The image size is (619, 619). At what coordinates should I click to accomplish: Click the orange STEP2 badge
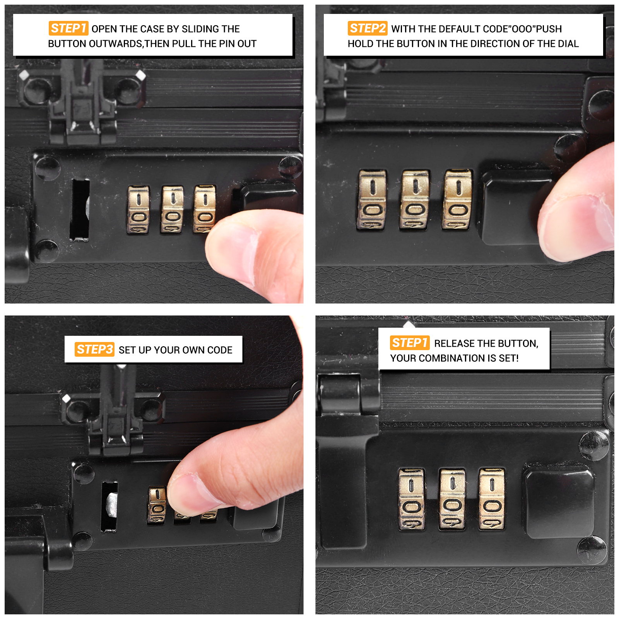367,28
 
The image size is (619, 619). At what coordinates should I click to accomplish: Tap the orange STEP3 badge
94,349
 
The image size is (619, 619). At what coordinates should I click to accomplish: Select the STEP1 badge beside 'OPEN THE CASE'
68,28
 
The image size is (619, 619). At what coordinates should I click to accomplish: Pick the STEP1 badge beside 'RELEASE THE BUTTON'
410,343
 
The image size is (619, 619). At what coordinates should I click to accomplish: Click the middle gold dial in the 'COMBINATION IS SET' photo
452,499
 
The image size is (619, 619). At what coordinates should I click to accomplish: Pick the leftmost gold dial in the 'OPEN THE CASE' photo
138,210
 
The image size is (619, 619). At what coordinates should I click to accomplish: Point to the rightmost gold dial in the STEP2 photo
457,199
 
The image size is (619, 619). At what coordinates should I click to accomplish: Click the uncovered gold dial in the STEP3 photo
157,505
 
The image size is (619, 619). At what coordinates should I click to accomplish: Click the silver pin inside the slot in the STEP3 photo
112,504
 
